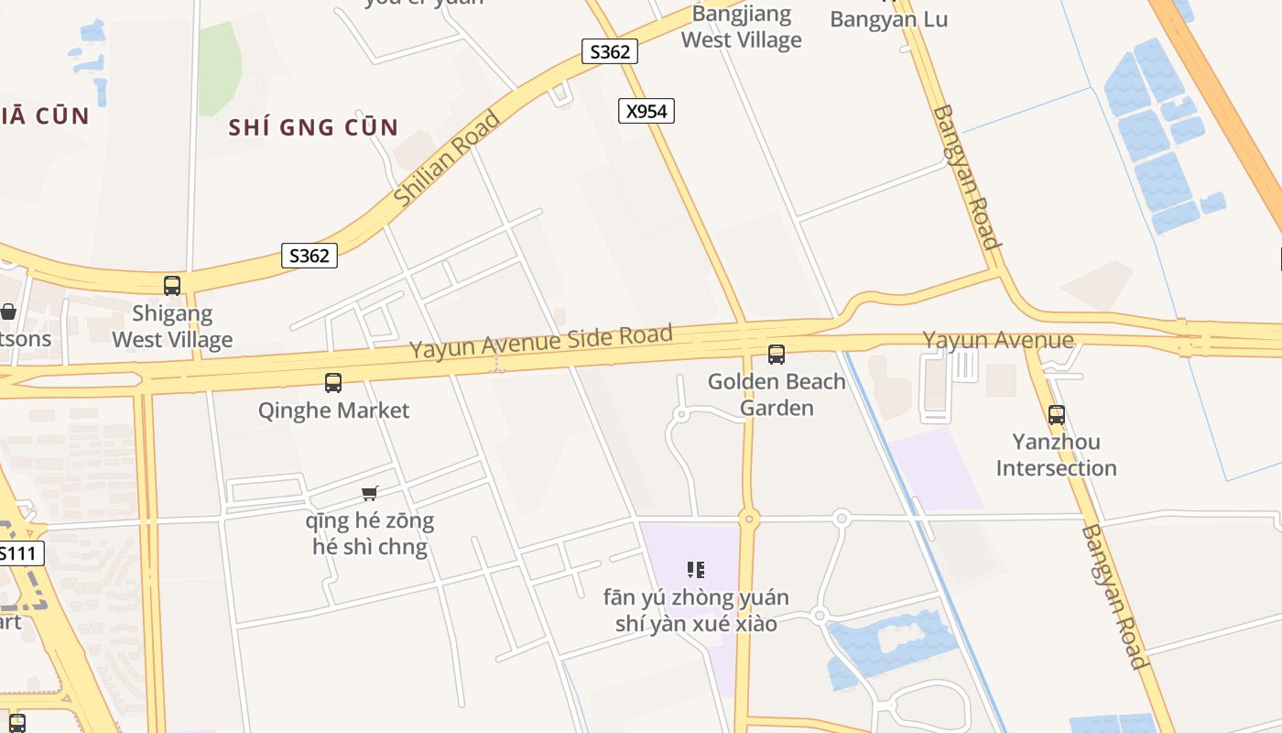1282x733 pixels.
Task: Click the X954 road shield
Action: [x=646, y=112]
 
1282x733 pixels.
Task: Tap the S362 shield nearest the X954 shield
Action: [x=610, y=51]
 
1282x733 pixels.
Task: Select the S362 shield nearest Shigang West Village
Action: [x=309, y=256]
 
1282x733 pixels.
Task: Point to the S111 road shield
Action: [x=19, y=553]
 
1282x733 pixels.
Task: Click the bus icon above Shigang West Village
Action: [x=172, y=286]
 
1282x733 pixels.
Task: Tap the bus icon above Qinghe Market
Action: [x=333, y=383]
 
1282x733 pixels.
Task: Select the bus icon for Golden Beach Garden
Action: [x=777, y=354]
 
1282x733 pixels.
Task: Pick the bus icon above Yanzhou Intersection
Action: [x=1057, y=415]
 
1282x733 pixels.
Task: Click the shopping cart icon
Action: [x=369, y=494]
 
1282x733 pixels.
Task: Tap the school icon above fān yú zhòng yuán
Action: [x=696, y=570]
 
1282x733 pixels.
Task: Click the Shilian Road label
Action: [x=448, y=159]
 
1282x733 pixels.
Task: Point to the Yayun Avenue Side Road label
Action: [x=541, y=342]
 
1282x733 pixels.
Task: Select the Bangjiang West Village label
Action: [x=742, y=27]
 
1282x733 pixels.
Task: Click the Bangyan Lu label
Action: [x=888, y=19]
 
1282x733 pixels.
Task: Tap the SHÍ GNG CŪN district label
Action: [x=313, y=127]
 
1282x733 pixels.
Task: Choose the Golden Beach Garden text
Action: [x=777, y=394]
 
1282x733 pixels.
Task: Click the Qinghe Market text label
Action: [x=333, y=410]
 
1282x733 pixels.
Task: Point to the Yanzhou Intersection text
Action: [x=1057, y=455]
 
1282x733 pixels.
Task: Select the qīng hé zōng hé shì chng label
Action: [x=370, y=534]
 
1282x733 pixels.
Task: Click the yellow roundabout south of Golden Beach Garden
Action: [x=749, y=520]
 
